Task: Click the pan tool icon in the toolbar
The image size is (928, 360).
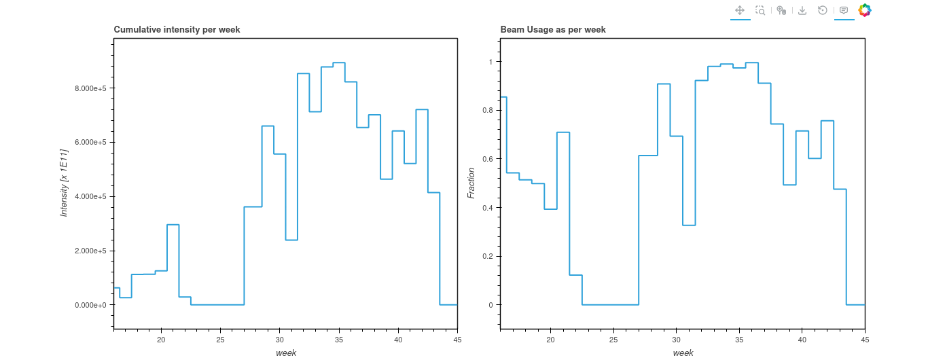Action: click(x=740, y=10)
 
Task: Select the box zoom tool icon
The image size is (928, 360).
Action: click(x=761, y=10)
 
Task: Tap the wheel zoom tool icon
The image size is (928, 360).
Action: click(x=781, y=10)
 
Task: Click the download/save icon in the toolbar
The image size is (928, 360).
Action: click(x=802, y=10)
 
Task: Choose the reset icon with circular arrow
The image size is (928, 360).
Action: click(x=823, y=10)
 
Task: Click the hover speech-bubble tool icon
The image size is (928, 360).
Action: click(x=844, y=10)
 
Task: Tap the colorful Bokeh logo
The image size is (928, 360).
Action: click(x=865, y=10)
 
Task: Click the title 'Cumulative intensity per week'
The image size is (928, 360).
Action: click(x=177, y=30)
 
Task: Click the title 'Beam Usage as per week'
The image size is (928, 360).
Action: click(x=553, y=30)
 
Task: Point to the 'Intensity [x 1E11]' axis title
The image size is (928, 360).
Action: click(x=64, y=182)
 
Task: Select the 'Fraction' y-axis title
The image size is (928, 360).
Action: click(x=471, y=183)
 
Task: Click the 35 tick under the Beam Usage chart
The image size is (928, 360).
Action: click(x=739, y=340)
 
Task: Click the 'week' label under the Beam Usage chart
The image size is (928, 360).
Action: click(x=683, y=353)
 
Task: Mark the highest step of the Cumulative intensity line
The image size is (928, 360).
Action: click(x=339, y=62)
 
